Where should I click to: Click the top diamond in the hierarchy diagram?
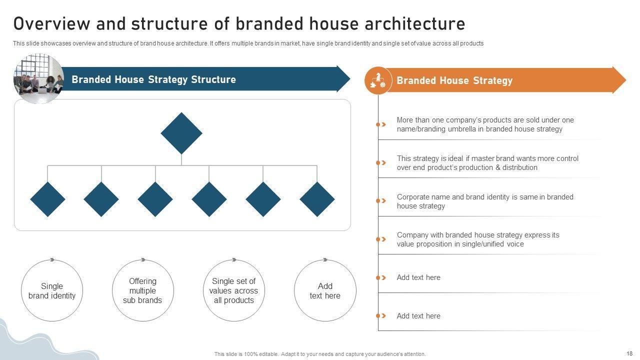(x=181, y=133)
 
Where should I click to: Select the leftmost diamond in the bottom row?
(x=47, y=199)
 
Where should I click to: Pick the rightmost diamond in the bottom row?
(x=317, y=199)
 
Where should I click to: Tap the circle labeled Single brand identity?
(x=52, y=290)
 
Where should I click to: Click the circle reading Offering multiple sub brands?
(x=143, y=290)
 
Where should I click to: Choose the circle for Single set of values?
(x=234, y=290)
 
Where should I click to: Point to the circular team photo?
(x=39, y=78)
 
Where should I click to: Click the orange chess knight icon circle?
(x=378, y=80)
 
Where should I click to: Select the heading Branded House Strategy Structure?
(x=153, y=79)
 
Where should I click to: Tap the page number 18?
(x=629, y=353)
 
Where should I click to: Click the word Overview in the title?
(x=51, y=23)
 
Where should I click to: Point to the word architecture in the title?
(x=415, y=23)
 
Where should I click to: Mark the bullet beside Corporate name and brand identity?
(x=381, y=201)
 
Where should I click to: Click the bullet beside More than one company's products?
(x=381, y=124)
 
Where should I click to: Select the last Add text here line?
(x=418, y=315)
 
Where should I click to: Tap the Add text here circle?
(x=325, y=290)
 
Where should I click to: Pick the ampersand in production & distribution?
(x=498, y=167)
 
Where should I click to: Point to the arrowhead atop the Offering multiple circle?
(x=143, y=259)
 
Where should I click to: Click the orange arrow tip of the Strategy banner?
(x=626, y=80)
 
